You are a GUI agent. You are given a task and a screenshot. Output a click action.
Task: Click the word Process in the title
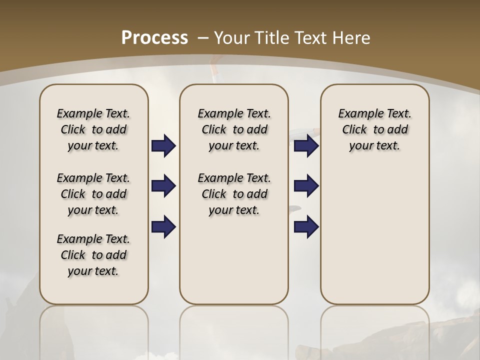pos(155,38)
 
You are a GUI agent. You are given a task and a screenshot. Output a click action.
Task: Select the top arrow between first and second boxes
pos(163,146)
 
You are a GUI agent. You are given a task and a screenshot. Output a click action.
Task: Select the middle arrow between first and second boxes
pos(163,186)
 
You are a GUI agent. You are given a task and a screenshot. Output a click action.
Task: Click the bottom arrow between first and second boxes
pos(163,226)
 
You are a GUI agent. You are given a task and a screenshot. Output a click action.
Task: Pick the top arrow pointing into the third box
pos(306,146)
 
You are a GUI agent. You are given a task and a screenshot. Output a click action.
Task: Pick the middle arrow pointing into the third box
pos(306,186)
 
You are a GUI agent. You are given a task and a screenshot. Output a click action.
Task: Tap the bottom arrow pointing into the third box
pos(306,226)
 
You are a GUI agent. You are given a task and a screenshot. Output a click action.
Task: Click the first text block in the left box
pos(93,129)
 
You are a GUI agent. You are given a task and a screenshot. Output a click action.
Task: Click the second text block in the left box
pos(93,194)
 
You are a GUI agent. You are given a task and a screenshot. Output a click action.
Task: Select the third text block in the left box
pos(93,255)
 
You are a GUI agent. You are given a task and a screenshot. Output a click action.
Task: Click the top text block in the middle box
pos(234,129)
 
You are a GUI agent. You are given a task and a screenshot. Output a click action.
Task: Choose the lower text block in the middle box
pos(234,194)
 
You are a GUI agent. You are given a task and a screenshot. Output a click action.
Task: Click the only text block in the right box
pos(374,129)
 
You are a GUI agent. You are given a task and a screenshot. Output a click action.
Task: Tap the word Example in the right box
pos(357,114)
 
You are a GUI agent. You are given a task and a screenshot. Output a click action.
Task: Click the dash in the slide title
pos(203,38)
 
